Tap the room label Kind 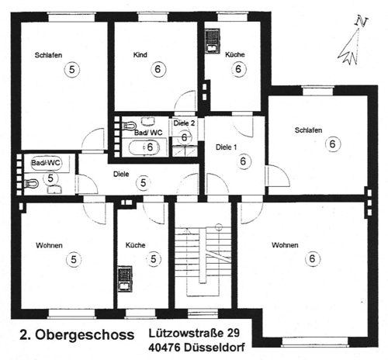140,55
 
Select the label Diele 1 225,147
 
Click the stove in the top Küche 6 211,40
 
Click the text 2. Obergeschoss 74,336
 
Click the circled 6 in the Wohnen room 311,258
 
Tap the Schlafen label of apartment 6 308,130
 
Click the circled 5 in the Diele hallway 143,182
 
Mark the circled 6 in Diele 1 244,161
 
